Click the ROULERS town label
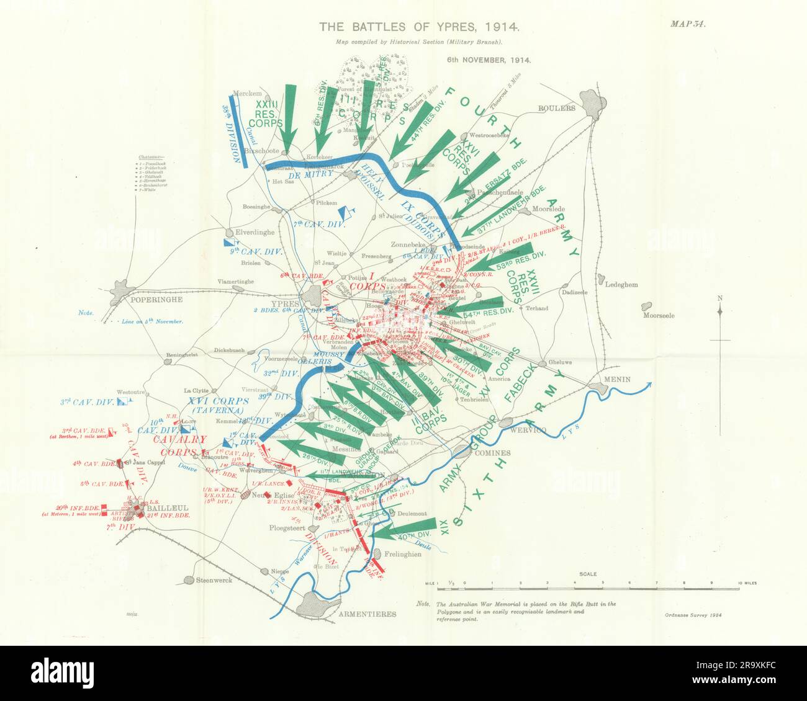coord(556,107)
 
